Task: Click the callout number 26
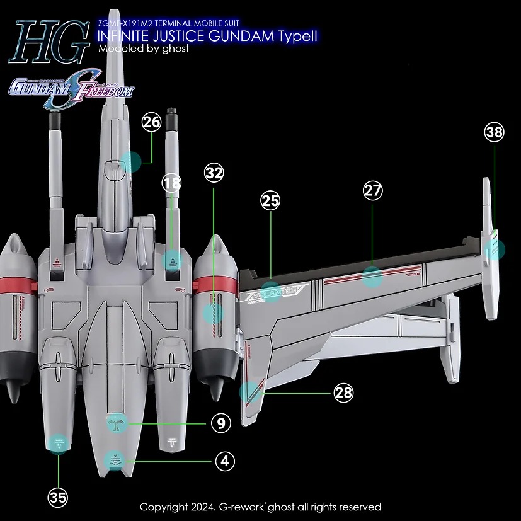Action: (152, 122)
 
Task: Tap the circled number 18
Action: (171, 183)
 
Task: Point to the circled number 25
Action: (270, 202)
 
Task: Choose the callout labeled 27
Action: (373, 191)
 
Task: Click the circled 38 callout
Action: (495, 132)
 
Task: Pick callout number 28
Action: (343, 394)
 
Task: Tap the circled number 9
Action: (220, 424)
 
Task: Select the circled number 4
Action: (224, 461)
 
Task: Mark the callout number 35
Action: (57, 497)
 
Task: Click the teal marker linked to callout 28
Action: (250, 392)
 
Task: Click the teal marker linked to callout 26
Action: (132, 162)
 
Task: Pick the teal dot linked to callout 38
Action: (496, 249)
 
